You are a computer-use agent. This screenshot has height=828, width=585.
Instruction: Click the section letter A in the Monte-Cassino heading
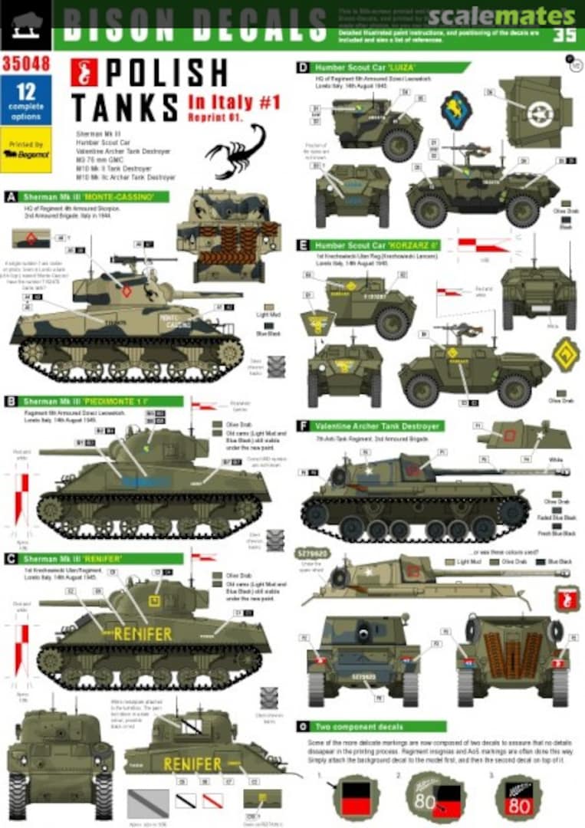tap(12, 197)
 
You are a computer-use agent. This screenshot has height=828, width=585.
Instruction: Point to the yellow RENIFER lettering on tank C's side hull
tap(143, 634)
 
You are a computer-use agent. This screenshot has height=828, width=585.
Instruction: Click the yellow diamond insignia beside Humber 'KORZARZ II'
tap(566, 354)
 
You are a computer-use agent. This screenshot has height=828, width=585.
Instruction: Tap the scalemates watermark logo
tap(501, 15)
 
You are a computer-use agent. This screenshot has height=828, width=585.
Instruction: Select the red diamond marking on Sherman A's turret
tap(126, 291)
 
